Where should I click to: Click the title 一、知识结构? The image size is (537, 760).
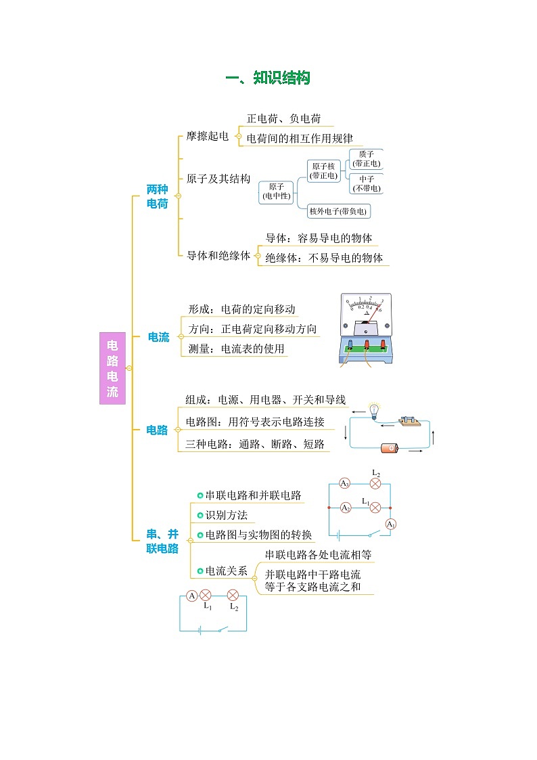click(268, 79)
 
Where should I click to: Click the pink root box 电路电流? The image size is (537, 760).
click(112, 368)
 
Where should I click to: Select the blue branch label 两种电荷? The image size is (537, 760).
click(157, 196)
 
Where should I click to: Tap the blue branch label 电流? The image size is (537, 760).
click(159, 337)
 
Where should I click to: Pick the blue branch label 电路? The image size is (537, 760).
click(157, 430)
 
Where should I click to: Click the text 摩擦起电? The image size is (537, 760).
click(208, 136)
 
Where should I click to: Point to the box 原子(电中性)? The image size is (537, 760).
click(277, 192)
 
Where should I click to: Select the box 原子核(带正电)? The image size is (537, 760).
click(323, 171)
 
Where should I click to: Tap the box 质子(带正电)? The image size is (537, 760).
click(367, 159)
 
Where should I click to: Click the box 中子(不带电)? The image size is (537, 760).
click(367, 183)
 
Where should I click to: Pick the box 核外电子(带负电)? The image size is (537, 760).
click(338, 211)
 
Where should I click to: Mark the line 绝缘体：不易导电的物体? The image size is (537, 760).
click(324, 258)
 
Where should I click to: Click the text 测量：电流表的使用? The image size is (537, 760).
click(237, 349)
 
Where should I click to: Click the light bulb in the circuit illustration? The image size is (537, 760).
click(374, 410)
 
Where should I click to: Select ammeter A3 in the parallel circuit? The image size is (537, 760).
click(344, 483)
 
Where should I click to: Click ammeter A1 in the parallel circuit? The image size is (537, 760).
click(390, 524)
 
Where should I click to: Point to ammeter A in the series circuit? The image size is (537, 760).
click(191, 596)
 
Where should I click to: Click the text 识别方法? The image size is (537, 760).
click(227, 516)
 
